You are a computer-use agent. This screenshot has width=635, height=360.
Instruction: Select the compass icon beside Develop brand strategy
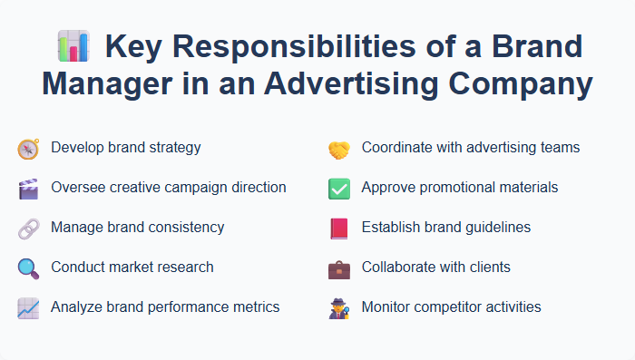[28, 149]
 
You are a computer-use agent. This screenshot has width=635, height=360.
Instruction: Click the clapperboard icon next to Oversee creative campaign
[28, 189]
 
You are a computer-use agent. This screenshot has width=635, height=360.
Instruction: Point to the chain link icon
[28, 229]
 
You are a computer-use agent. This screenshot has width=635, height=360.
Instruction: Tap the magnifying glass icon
[28, 268]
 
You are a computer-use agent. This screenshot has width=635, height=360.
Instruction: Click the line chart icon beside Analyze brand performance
[28, 308]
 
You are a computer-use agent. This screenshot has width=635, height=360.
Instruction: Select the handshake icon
[338, 149]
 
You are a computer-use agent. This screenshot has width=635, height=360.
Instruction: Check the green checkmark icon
[338, 189]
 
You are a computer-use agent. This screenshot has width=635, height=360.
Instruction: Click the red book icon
[338, 229]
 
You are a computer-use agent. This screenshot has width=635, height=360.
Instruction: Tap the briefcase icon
[338, 268]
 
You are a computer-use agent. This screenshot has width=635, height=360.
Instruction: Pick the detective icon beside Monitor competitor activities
[338, 308]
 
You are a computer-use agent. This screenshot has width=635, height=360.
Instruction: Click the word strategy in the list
[175, 147]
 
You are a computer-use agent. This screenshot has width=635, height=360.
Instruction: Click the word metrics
[255, 306]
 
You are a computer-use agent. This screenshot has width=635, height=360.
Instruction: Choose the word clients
[485, 267]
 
